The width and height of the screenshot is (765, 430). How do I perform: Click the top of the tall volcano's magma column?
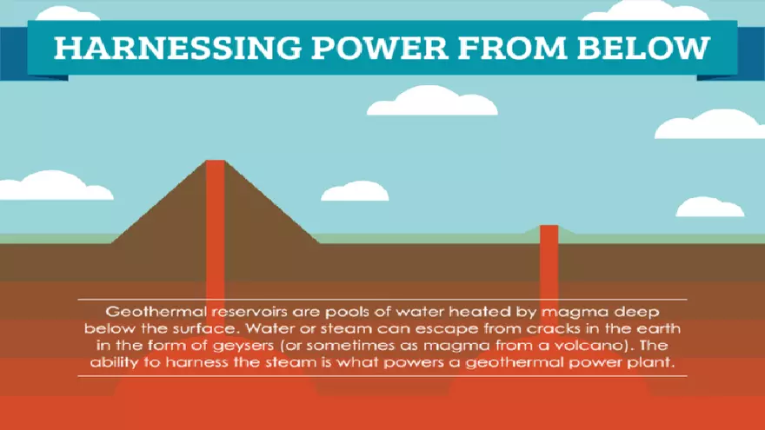pos(215,165)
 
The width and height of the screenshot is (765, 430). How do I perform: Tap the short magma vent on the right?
pos(549,252)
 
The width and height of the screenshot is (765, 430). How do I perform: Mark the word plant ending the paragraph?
pos(655,363)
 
